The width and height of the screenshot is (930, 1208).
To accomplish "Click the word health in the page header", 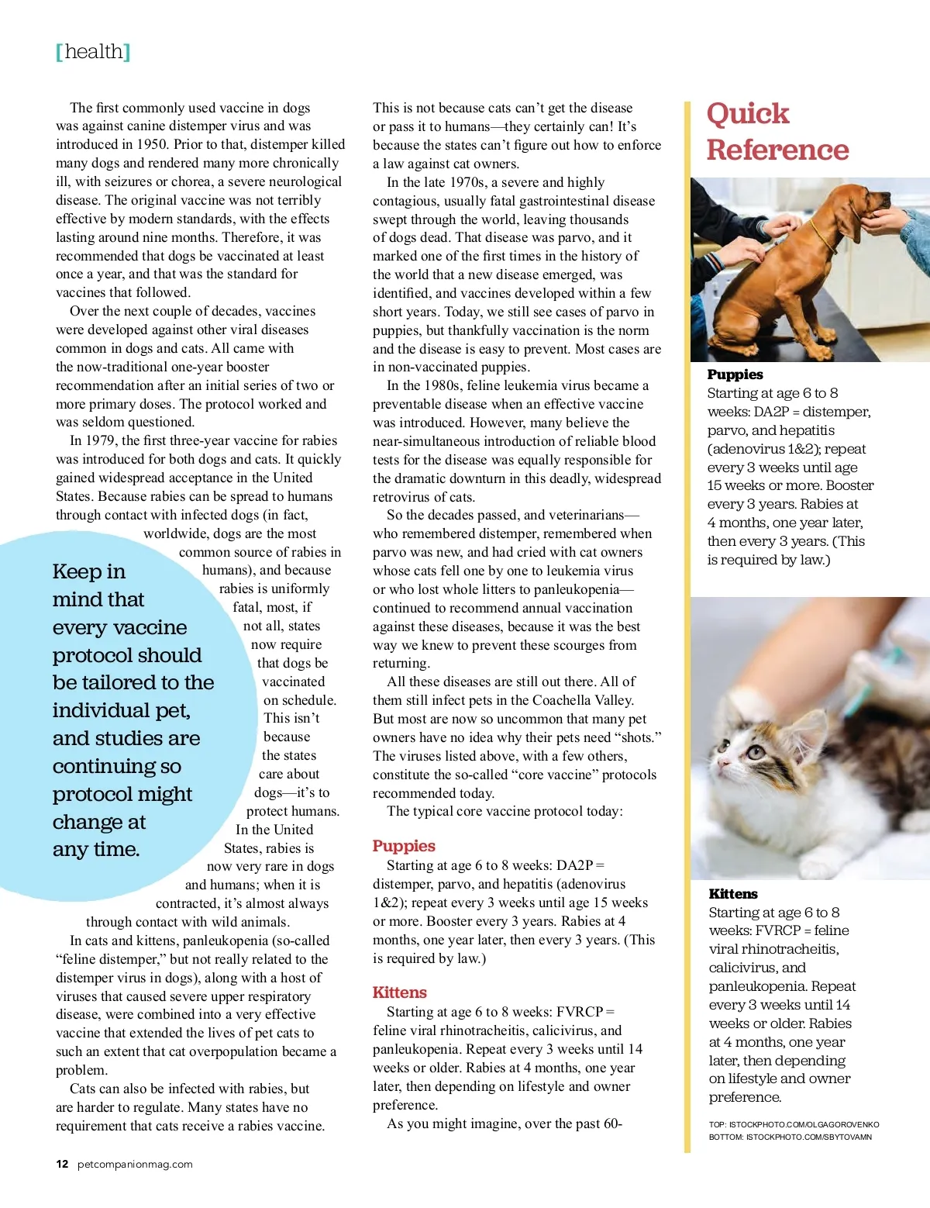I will [94, 52].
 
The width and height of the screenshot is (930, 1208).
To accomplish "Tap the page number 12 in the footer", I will [62, 1164].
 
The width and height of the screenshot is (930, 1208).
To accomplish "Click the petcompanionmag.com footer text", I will [135, 1164].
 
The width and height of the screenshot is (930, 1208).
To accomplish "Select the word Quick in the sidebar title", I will [747, 114].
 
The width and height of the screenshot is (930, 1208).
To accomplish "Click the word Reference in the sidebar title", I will [777, 150].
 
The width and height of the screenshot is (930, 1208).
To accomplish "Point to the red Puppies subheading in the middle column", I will [404, 846].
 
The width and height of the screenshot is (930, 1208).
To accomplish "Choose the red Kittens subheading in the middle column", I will [399, 992].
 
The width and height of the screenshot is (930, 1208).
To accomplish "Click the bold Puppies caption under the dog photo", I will [735, 374].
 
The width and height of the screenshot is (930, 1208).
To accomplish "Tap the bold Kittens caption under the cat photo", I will [733, 894].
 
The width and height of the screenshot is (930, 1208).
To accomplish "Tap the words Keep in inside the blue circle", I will [88, 571].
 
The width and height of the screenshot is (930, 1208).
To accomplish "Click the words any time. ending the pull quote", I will [96, 850].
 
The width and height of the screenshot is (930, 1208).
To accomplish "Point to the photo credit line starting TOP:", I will [794, 1124].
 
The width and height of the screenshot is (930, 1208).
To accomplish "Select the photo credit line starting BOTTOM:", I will [790, 1137].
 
